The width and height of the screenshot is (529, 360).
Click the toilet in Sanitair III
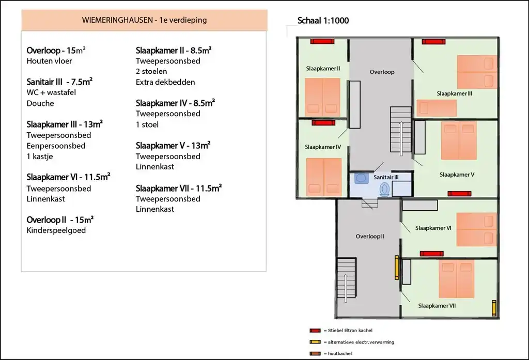point(384,189)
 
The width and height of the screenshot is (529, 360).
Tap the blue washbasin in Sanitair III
point(361,178)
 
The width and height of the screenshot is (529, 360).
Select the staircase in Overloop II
point(347,278)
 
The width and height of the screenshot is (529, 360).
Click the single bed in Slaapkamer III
point(437,108)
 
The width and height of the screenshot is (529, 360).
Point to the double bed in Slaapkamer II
point(322,97)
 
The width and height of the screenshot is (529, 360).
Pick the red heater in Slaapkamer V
point(459,193)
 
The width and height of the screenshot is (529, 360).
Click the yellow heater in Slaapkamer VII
point(494,308)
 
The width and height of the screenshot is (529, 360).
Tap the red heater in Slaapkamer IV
point(323,123)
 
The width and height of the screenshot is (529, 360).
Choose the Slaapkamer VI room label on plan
point(433,228)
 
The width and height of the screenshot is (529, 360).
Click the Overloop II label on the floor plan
point(370,236)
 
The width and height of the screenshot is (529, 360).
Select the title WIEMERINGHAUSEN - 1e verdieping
point(145,20)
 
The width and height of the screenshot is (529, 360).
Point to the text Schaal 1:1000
point(323,21)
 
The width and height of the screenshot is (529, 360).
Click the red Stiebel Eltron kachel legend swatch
point(315,331)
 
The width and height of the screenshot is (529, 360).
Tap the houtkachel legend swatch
point(315,354)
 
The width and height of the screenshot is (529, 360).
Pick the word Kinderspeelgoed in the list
point(56,230)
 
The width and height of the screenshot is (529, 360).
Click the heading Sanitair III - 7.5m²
point(59,82)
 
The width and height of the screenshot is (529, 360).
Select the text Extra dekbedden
point(165,82)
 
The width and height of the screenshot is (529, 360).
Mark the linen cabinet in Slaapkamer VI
point(420,205)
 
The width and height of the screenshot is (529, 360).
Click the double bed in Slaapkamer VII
point(457,279)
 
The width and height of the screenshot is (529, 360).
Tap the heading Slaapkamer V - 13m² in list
point(173,146)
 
